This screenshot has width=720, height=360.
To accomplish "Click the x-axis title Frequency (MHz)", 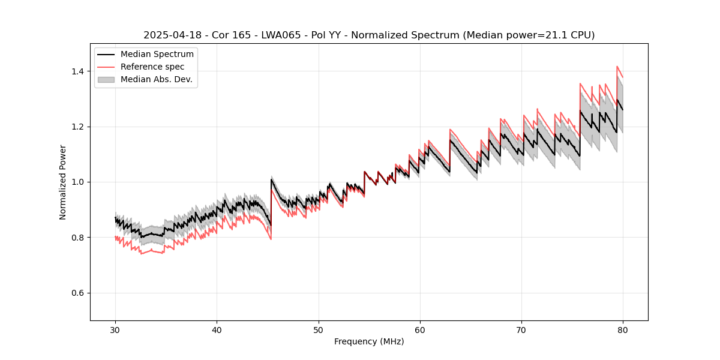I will point(369,341).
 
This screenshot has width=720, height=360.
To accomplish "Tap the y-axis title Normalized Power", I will point(63,182).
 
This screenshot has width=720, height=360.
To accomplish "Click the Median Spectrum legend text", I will point(157,55).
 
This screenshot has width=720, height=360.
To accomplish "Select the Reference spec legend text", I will point(152,67).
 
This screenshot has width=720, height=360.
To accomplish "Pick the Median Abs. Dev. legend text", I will point(156,79).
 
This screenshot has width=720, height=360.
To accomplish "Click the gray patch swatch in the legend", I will point(106,79).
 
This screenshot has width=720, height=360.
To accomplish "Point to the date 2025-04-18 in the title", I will point(171,35).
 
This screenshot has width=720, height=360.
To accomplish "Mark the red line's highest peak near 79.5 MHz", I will point(617,67).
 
